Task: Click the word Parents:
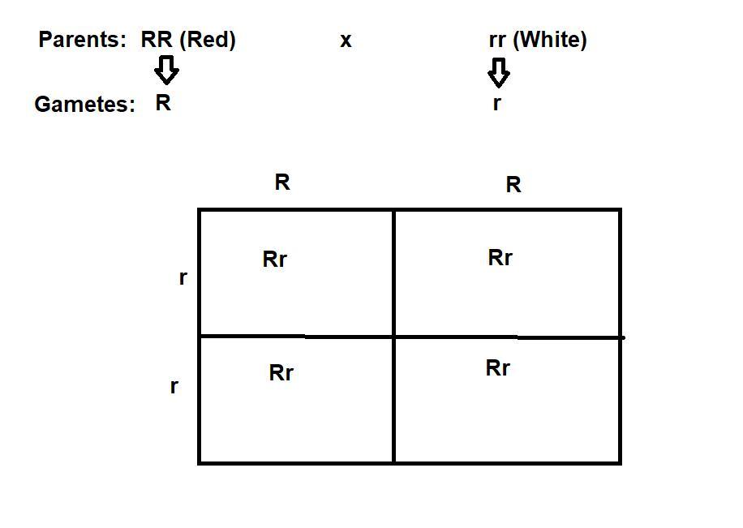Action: tap(82, 40)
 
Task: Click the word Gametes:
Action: tap(85, 105)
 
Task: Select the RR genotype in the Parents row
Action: tap(157, 40)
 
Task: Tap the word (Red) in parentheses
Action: tap(208, 40)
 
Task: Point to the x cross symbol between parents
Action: tap(346, 41)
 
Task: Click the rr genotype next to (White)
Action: tap(497, 41)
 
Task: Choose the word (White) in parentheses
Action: tap(550, 40)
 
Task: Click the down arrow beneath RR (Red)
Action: tap(166, 70)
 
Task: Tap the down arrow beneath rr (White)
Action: tap(499, 72)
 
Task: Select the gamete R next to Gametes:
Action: tap(163, 103)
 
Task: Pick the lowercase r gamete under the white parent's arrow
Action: tap(496, 103)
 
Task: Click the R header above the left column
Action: tap(282, 182)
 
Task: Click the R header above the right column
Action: tap(513, 184)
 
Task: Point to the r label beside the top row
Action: tap(183, 277)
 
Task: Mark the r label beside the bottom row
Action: tap(174, 387)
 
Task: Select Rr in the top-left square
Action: tap(275, 260)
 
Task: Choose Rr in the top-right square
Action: tap(500, 258)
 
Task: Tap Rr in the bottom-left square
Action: tap(281, 373)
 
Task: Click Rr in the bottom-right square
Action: tap(498, 368)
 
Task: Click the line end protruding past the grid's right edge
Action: tap(625, 338)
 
